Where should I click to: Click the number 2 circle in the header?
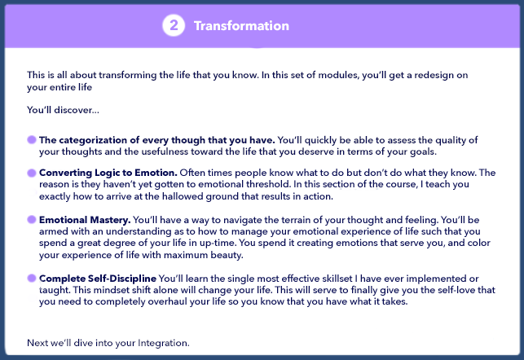(174, 25)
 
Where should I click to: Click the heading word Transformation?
(241, 26)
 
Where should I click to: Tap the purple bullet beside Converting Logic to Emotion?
(32, 173)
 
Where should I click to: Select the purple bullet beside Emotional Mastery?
(32, 219)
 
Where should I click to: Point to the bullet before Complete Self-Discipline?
(32, 279)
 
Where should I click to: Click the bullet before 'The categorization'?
(32, 139)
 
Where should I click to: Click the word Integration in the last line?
(164, 343)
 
